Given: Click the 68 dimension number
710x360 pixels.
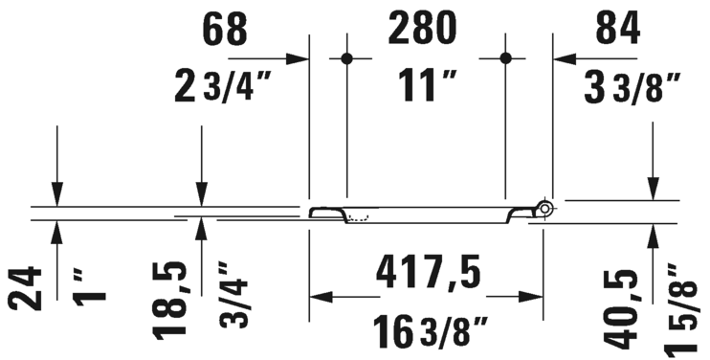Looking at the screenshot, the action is point(225,29).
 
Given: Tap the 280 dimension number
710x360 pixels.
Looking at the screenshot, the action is point(422,29).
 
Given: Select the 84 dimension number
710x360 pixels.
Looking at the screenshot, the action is point(617,29).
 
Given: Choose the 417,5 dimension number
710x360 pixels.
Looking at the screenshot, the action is point(428,274).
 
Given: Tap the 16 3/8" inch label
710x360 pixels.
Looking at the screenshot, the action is point(431,332).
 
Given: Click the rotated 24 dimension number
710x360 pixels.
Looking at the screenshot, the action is point(25,288).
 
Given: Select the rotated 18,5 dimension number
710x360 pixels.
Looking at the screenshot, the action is point(169,300).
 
